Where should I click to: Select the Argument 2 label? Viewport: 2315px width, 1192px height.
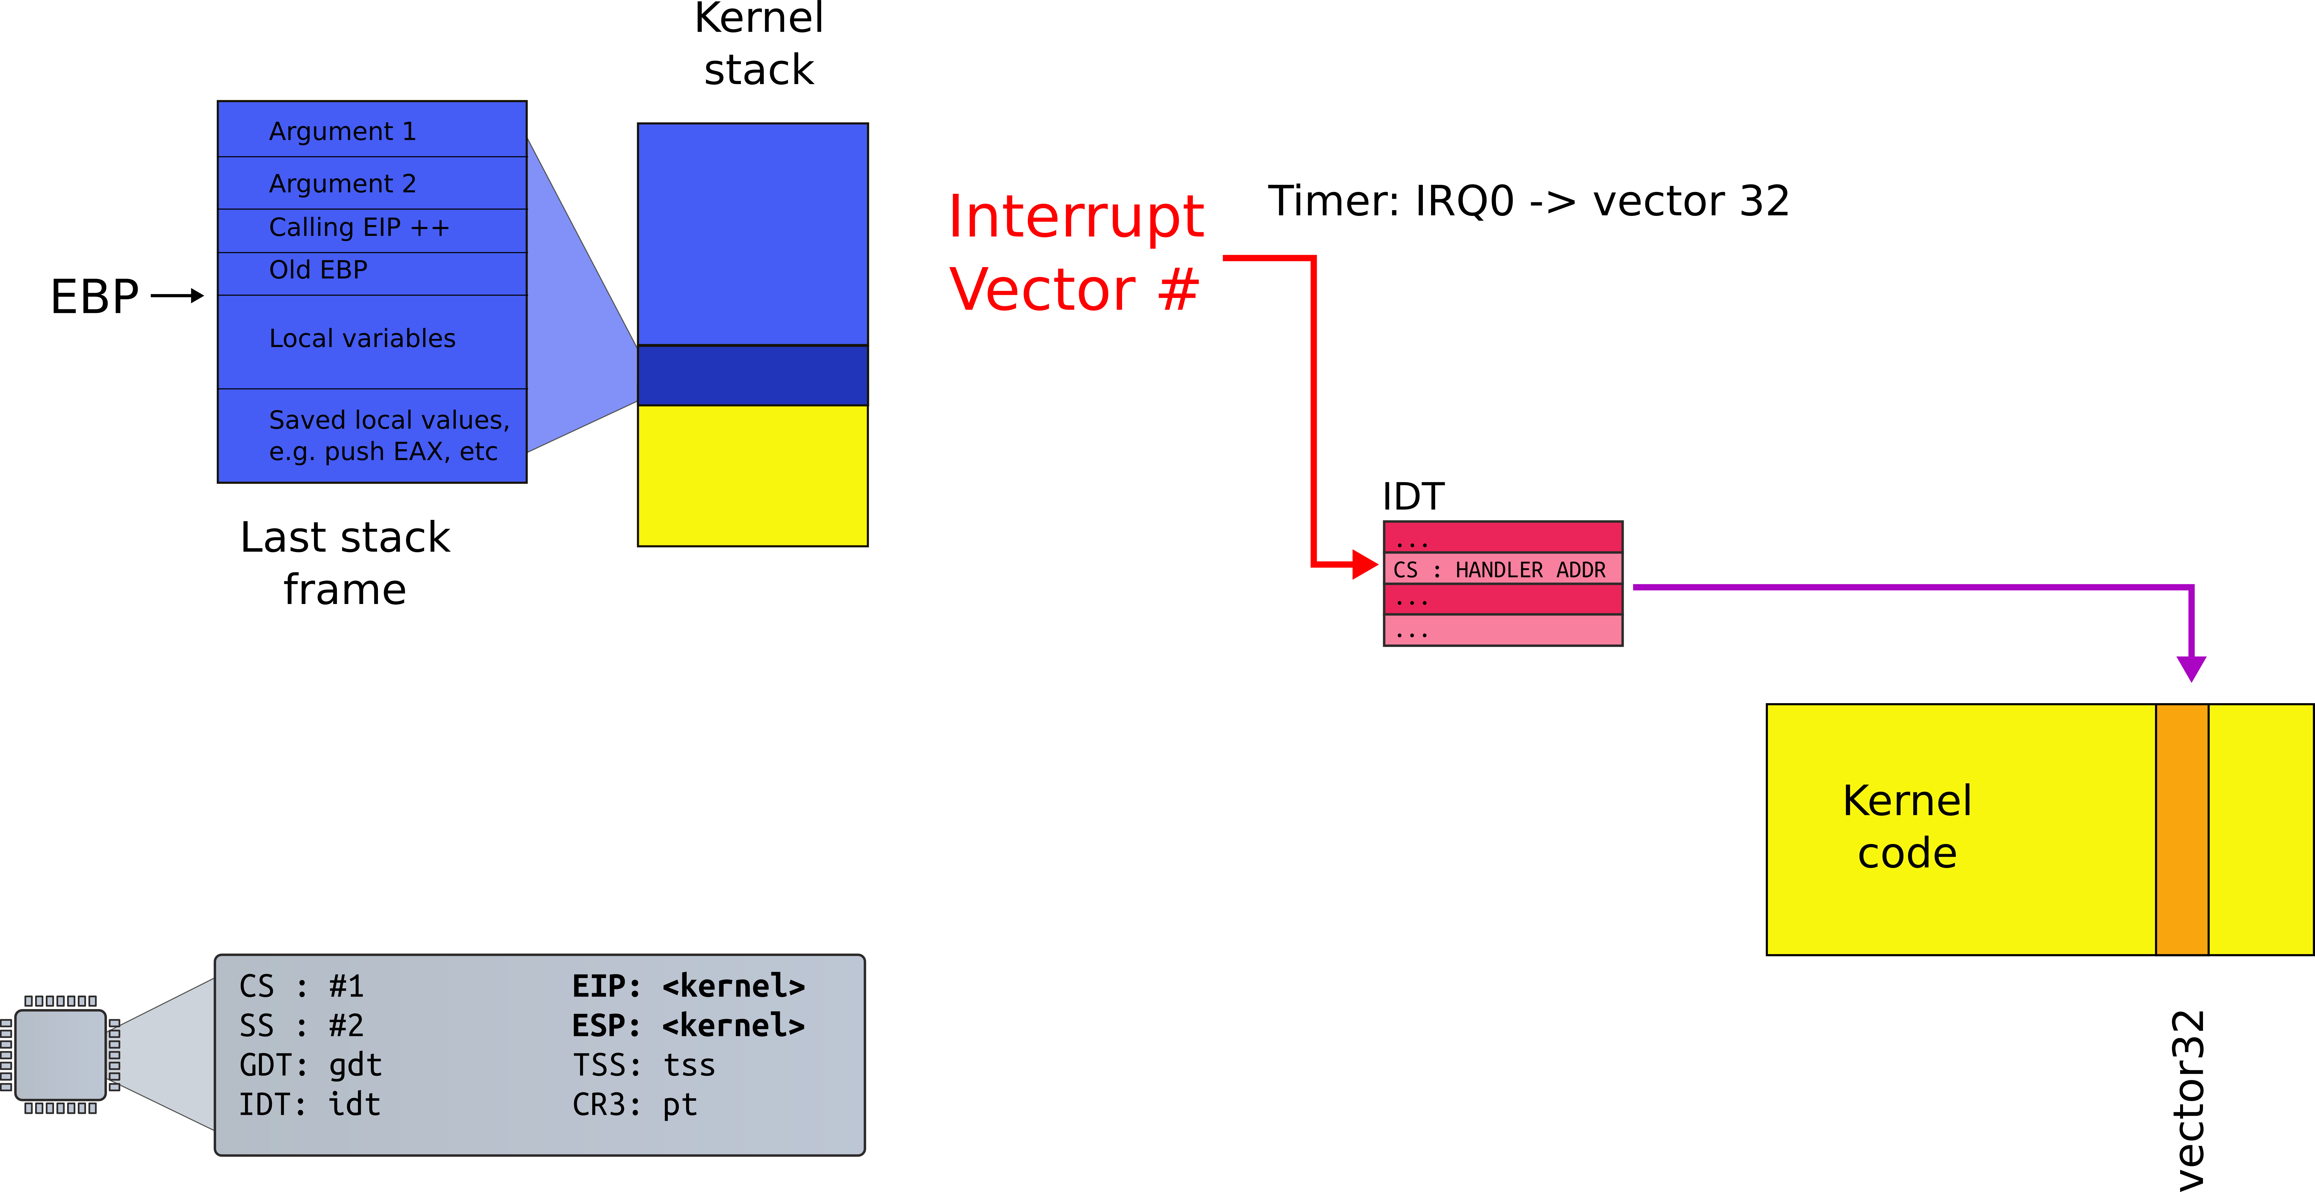[343, 183]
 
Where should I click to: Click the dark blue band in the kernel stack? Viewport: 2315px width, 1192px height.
[752, 375]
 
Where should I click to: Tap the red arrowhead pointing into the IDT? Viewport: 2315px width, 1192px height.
[1364, 564]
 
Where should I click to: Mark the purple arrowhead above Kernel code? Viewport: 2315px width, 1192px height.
[2191, 668]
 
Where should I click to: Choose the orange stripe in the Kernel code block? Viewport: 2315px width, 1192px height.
[2182, 829]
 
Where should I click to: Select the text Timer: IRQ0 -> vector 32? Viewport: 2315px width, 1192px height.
[1528, 200]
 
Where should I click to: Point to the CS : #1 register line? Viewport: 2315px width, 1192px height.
[301, 986]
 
